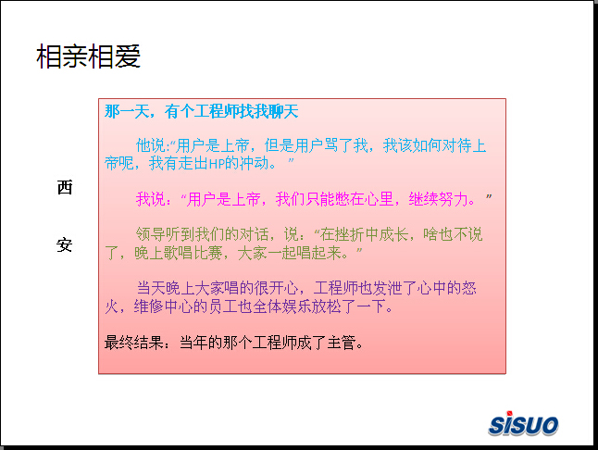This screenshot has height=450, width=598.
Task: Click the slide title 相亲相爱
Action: [89, 56]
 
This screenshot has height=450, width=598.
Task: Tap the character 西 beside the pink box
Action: [65, 187]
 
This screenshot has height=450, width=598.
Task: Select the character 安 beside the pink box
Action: [65, 244]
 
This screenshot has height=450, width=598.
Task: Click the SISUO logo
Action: [523, 423]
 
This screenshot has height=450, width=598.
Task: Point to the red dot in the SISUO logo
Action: [509, 413]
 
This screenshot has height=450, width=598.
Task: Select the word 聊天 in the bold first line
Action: [283, 111]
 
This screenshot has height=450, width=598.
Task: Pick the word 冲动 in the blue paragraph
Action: [254, 163]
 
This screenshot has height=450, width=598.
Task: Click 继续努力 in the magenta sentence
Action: [438, 199]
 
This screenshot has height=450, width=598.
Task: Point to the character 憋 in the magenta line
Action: [343, 199]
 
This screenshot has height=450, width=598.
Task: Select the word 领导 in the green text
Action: [150, 234]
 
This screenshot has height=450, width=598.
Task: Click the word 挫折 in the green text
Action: [349, 234]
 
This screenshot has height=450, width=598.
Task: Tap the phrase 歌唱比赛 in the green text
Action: [193, 253]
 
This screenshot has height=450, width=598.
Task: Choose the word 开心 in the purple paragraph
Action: [283, 288]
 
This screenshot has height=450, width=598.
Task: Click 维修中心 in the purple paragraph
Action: [163, 306]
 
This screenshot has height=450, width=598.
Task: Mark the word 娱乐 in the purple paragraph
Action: [296, 306]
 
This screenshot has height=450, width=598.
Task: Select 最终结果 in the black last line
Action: [134, 342]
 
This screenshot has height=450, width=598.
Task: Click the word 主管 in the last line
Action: [342, 342]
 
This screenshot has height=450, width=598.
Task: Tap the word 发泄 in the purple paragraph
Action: [387, 288]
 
